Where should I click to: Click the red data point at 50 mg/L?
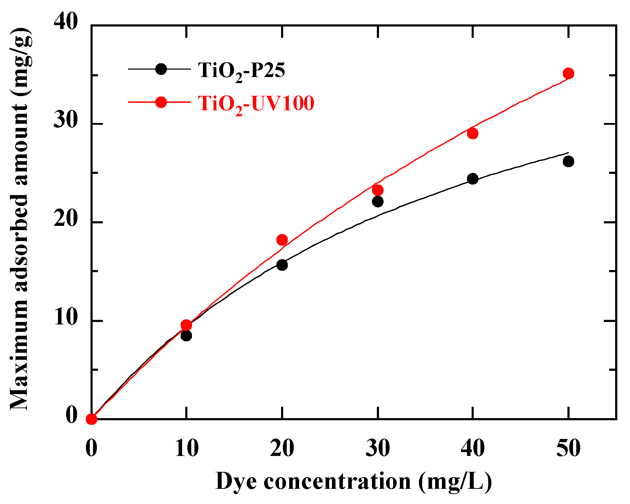tap(568, 74)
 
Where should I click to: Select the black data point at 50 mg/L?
tap(568, 162)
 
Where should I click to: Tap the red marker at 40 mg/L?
tap(472, 134)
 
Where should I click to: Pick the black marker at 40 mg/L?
tap(472, 179)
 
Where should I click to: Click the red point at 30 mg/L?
tap(378, 191)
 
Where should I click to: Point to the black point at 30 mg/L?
tap(378, 202)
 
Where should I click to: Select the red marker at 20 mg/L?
tap(282, 240)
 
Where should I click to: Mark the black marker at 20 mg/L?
tap(282, 265)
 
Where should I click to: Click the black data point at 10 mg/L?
tap(186, 335)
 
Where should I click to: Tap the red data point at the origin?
tap(92, 419)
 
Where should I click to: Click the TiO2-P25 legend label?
tap(241, 70)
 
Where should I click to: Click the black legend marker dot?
tap(161, 69)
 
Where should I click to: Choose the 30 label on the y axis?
tap(66, 121)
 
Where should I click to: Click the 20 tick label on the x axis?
tap(282, 448)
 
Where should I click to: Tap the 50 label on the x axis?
tap(568, 448)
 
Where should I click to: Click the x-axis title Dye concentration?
tap(354, 481)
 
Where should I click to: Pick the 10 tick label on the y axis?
tap(66, 318)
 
